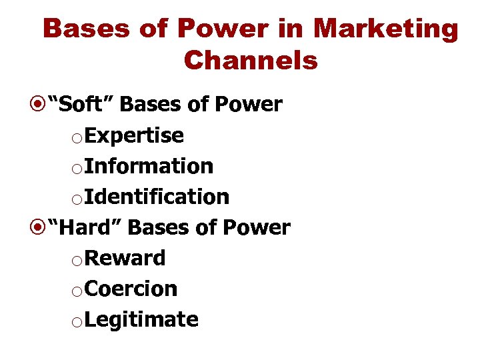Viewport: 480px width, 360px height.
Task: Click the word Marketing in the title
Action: pyautogui.click(x=386, y=30)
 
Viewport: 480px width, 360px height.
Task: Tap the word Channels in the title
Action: pyautogui.click(x=251, y=61)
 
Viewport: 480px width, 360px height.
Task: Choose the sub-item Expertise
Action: pyautogui.click(x=135, y=135)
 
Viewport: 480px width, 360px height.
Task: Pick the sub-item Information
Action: pyautogui.click(x=149, y=166)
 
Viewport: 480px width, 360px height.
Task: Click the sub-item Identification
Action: pyautogui.click(x=157, y=197)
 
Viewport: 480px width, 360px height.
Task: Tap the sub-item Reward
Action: pyautogui.click(x=125, y=258)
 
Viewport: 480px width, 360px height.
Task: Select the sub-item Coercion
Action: pyautogui.click(x=131, y=289)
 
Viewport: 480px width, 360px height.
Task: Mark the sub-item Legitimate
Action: pyautogui.click(x=142, y=319)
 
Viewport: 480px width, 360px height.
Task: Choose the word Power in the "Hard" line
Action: pyautogui.click(x=256, y=227)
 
